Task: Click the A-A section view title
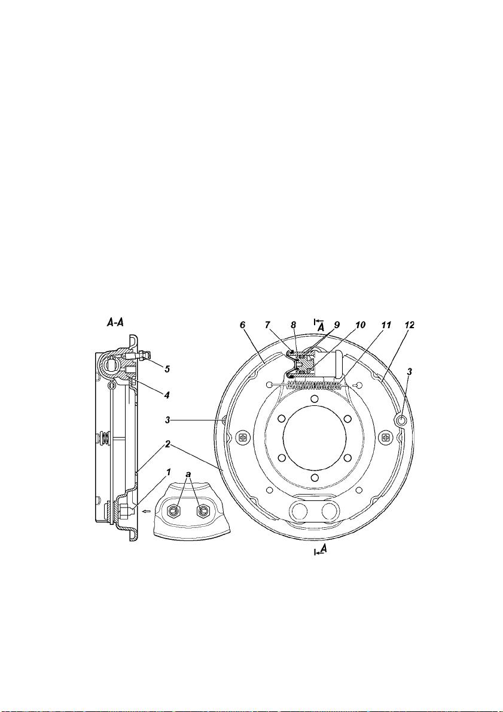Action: [x=115, y=323]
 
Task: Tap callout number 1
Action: [x=168, y=473]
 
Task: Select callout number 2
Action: [x=167, y=445]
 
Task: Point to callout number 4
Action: [x=167, y=395]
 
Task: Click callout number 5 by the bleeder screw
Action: [x=167, y=369]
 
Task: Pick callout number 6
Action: [x=243, y=325]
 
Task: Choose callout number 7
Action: [x=267, y=325]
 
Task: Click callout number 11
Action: [x=386, y=325]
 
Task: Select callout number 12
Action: [x=410, y=325]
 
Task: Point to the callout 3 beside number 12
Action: [x=410, y=372]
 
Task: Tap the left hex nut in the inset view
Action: [x=172, y=511]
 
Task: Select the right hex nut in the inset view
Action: [x=203, y=511]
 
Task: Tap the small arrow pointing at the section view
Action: [x=145, y=511]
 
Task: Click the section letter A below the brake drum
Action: [x=323, y=549]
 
